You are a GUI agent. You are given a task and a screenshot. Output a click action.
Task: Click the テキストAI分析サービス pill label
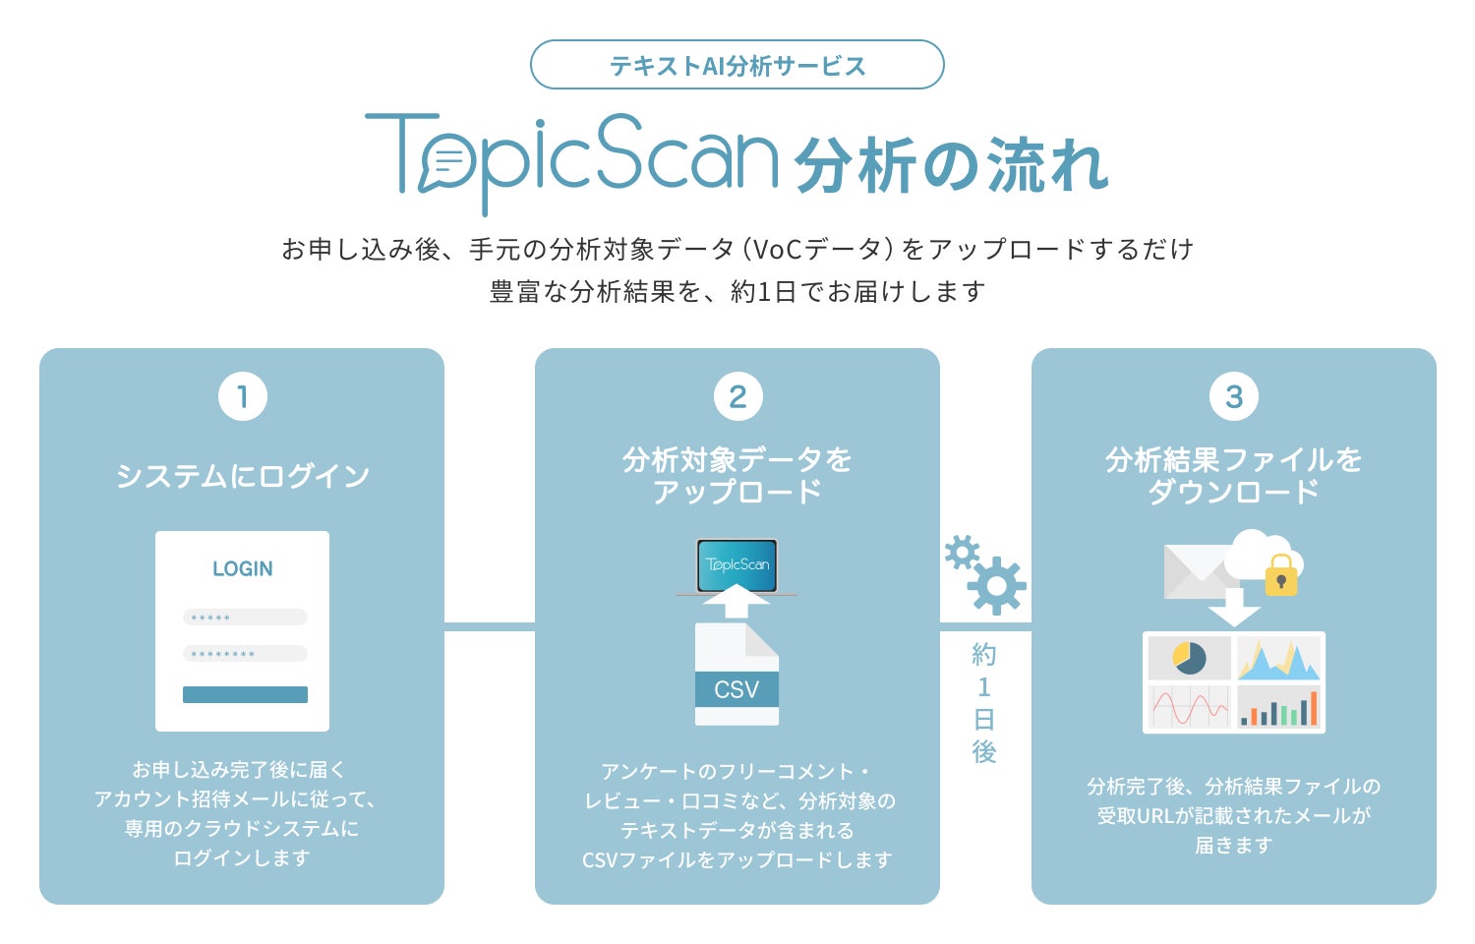point(737,66)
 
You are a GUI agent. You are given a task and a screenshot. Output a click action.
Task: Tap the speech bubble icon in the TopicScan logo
point(446,162)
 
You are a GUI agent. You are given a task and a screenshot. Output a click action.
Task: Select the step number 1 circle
point(242,396)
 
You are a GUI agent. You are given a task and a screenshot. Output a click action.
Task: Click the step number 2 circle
point(737,396)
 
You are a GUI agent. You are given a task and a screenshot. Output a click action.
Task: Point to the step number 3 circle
point(1233,396)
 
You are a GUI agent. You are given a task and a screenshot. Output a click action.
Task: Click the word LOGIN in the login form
point(242,568)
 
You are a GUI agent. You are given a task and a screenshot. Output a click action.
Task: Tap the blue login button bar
point(245,694)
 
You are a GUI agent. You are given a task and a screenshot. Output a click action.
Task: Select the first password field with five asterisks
point(245,618)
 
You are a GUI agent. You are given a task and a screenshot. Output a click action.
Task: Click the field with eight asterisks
point(245,653)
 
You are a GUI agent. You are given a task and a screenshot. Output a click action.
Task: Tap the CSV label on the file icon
point(737,689)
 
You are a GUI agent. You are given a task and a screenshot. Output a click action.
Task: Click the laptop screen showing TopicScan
point(737,564)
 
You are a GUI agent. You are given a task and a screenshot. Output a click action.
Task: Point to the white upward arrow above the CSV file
point(737,601)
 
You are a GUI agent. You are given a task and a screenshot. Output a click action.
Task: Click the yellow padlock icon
point(1280,576)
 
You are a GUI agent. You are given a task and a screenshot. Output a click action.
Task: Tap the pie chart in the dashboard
point(1189,658)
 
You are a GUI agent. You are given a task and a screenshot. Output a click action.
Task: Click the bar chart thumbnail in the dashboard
point(1278,707)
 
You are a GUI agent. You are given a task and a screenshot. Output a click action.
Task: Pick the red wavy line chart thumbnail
point(1189,707)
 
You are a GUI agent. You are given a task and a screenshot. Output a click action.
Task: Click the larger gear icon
point(997,586)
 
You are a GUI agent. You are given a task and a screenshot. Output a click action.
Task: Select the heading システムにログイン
point(242,476)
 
